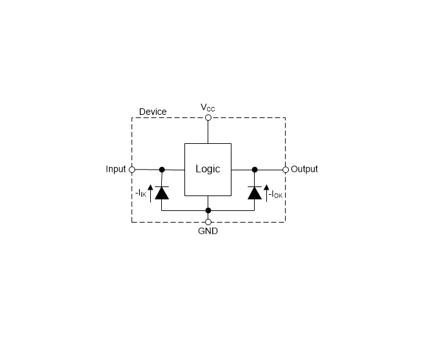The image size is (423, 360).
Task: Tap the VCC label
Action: point(208,108)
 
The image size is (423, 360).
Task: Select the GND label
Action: point(208,231)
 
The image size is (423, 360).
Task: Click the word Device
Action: point(153,112)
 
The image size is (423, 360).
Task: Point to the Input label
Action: point(115,169)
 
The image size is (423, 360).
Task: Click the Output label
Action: point(304,169)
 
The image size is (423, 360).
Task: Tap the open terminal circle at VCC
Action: point(208,117)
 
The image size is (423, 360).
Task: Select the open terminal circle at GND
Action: point(208,222)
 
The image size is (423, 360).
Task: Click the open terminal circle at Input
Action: point(132,170)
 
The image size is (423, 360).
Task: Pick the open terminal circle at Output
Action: point(286,170)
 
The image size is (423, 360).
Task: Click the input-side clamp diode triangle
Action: point(162,193)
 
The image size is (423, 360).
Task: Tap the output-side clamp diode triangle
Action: point(255,193)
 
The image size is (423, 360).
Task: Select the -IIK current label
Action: point(141,194)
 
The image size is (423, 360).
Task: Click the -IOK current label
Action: point(276,194)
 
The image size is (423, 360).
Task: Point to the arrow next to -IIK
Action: point(150,194)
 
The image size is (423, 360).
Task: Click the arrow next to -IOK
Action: point(266,193)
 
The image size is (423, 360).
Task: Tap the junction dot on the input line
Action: point(162,170)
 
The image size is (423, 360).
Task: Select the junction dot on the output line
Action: point(255,170)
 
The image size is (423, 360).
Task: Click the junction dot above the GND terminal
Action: point(208,210)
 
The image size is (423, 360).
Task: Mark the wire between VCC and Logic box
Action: point(208,132)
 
